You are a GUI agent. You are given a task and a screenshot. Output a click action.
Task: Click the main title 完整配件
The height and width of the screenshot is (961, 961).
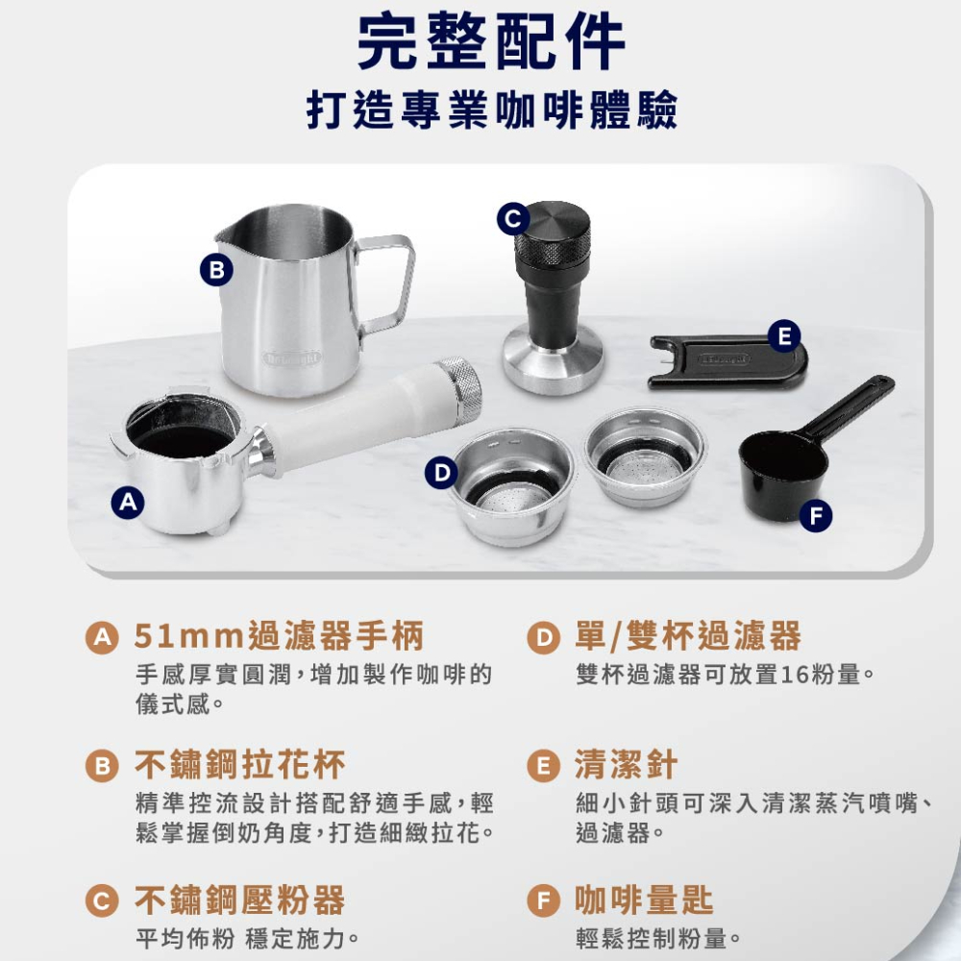[x=490, y=43]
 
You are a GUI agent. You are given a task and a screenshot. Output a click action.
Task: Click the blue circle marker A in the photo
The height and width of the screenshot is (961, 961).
[x=127, y=502]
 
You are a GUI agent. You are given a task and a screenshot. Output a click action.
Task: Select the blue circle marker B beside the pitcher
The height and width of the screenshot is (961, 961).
[x=217, y=270]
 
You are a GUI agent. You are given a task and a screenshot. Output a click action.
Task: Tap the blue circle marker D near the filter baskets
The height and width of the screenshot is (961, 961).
[x=440, y=472]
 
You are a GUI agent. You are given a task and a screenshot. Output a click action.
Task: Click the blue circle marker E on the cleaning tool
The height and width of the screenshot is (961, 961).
[x=785, y=336]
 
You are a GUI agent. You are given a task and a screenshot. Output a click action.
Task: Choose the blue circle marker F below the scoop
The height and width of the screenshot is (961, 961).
[x=815, y=516]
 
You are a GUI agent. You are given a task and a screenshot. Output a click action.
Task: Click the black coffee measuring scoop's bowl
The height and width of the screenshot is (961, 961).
[x=782, y=471]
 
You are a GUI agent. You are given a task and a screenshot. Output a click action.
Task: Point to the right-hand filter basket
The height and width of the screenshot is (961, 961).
[x=645, y=456]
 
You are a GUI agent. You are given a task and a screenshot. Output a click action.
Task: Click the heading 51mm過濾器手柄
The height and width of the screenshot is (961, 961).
[x=279, y=635]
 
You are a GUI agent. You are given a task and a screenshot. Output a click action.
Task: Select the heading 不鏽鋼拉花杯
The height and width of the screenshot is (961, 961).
[x=239, y=765]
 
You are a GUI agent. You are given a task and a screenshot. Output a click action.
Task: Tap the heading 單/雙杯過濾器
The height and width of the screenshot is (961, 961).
[x=687, y=635]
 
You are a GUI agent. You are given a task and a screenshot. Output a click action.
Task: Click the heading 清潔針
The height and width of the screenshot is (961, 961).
[x=626, y=765]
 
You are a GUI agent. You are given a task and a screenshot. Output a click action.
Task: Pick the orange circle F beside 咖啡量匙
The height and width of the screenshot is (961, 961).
[x=544, y=901]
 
